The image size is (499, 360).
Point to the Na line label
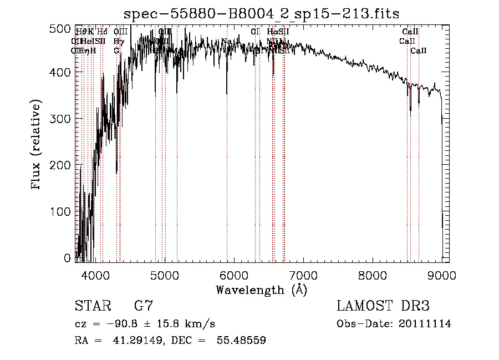click(226, 42)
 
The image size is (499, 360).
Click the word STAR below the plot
click(92, 306)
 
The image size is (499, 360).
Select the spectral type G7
click(143, 306)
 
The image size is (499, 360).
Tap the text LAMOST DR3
click(383, 306)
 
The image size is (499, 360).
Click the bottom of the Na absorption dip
click(227, 94)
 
